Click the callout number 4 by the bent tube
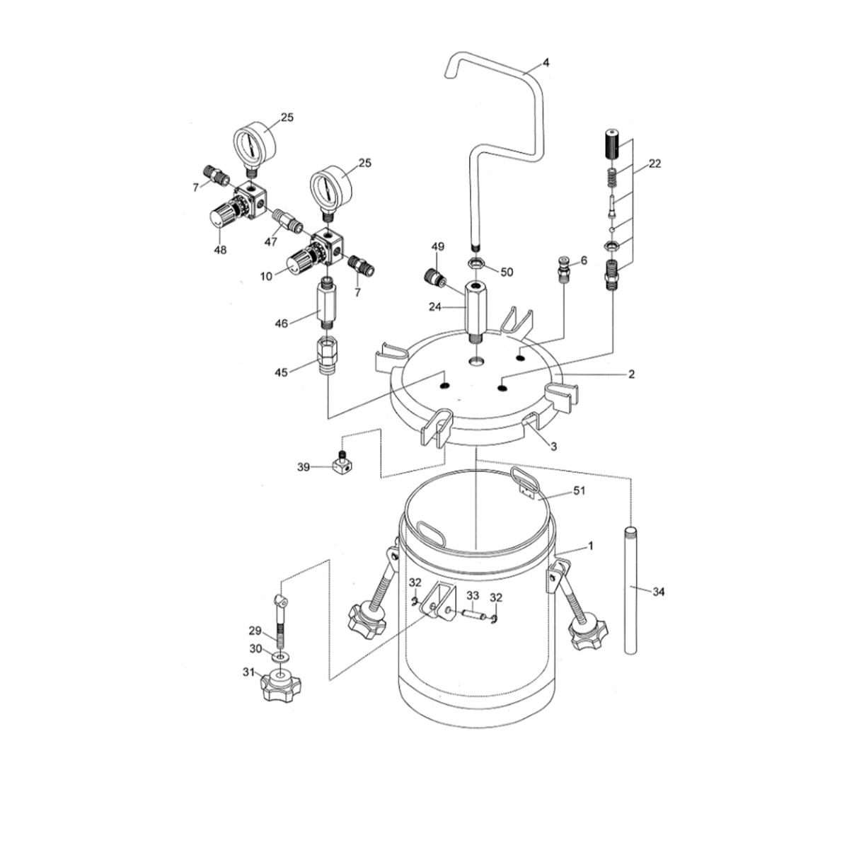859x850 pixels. click(x=546, y=62)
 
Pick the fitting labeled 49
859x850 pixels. click(x=434, y=277)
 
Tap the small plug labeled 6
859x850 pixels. click(x=564, y=268)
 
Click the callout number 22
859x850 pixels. click(x=655, y=163)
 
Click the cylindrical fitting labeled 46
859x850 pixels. click(x=326, y=302)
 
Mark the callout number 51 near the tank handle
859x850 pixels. click(x=580, y=490)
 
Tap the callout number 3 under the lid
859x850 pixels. click(x=553, y=446)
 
